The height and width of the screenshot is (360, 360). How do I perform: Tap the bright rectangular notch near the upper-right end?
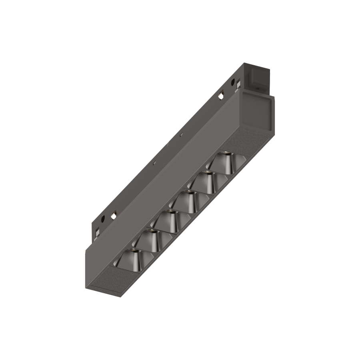tap(220, 96)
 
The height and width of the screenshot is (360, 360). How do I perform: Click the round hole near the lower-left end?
tap(103, 219)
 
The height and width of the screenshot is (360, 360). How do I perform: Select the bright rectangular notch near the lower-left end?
tap(114, 216)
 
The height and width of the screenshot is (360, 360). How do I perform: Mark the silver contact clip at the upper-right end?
tap(238, 84)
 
